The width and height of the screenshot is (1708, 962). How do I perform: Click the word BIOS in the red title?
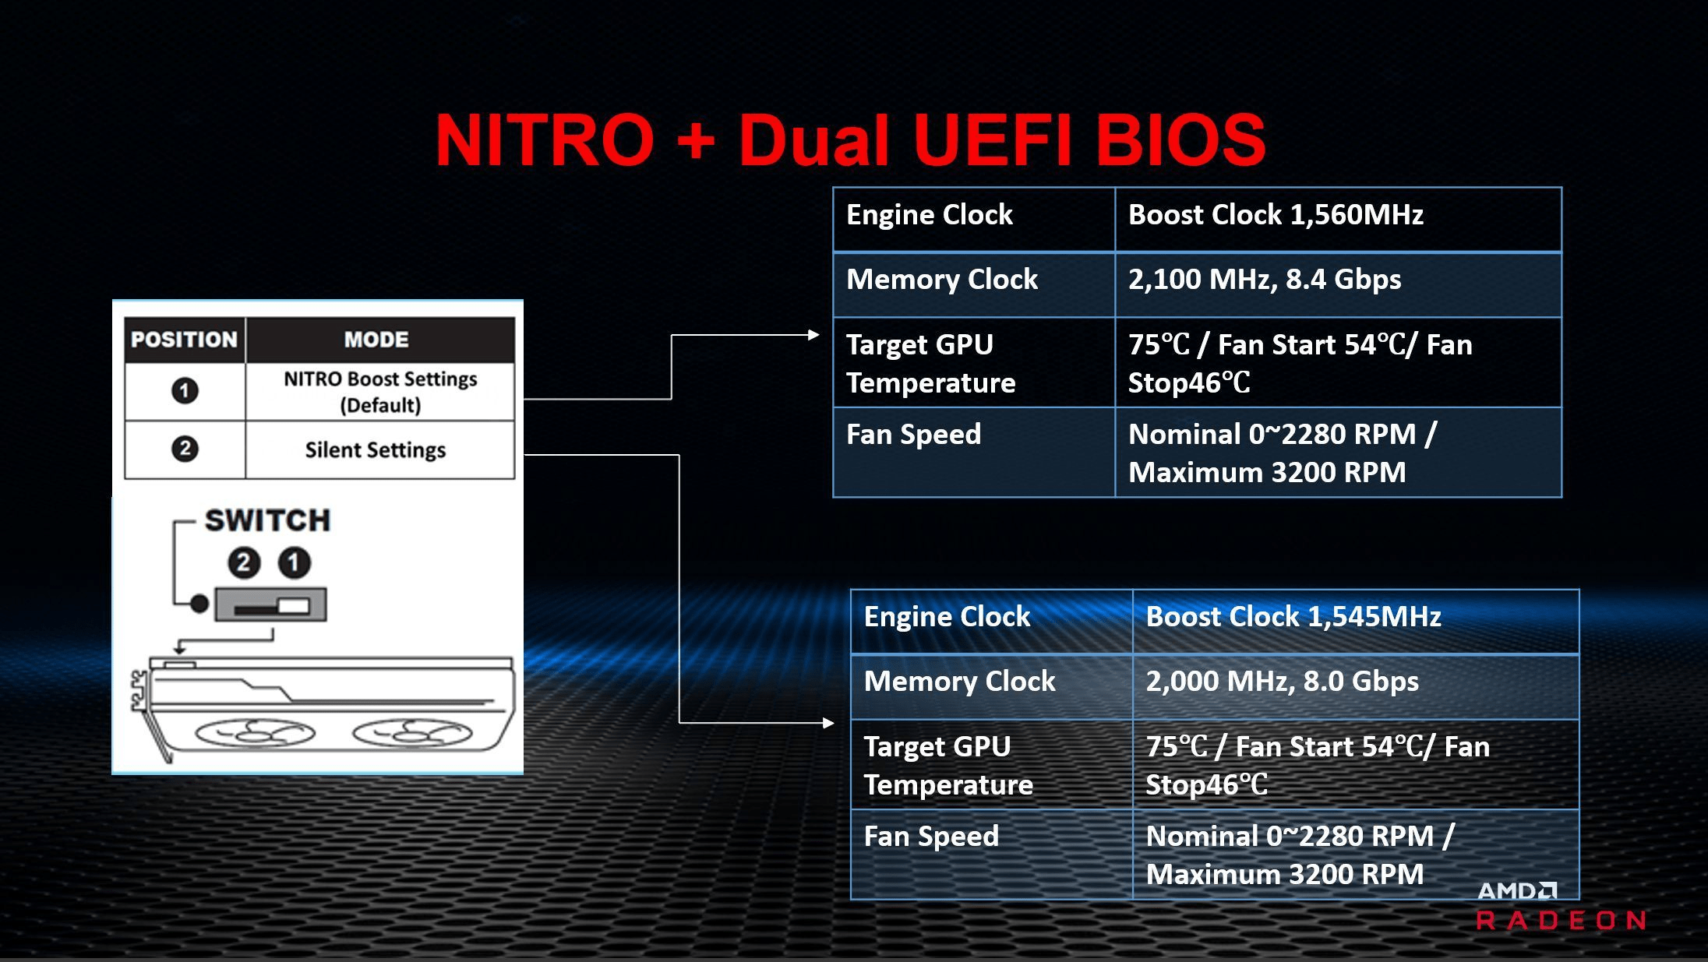[1180, 140]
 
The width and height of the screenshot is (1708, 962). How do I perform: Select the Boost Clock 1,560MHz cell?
[1338, 219]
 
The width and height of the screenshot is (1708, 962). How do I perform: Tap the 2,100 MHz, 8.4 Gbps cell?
[1338, 284]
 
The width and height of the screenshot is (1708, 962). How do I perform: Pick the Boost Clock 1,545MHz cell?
[1356, 621]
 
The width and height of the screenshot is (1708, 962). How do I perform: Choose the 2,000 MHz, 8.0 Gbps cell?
[1356, 686]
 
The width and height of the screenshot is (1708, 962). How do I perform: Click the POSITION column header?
[185, 340]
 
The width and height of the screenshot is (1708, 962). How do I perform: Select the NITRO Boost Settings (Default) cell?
[379, 392]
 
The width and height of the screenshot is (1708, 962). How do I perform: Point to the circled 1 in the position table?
[185, 390]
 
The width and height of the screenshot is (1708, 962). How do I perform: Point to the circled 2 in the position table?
[185, 449]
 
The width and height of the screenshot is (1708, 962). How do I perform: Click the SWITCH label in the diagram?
[267, 520]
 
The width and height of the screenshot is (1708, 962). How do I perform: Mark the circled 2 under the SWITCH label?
[244, 562]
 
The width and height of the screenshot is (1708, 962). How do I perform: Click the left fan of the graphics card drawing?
[255, 733]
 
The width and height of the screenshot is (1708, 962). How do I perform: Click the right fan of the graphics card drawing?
[412, 733]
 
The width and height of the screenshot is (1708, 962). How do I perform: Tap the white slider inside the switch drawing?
[294, 605]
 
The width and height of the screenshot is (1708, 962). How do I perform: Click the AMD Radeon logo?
[1561, 906]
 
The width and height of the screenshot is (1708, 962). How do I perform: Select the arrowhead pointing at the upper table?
[813, 335]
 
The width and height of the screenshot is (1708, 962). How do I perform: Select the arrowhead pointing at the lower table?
[828, 723]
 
